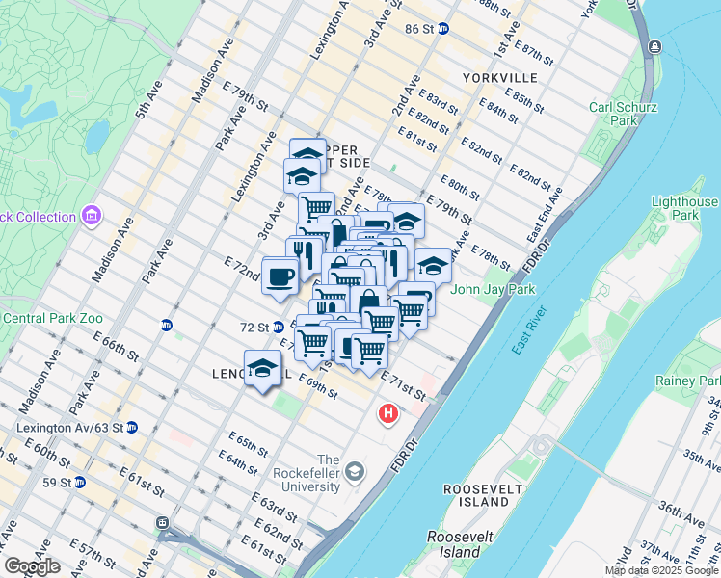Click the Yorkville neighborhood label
498,77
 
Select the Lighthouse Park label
684,208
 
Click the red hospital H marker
388,413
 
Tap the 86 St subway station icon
442,29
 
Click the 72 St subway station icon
278,328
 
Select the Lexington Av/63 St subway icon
132,427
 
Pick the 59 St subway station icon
80,482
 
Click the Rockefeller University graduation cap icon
356,470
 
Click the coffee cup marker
280,277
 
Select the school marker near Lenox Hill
262,368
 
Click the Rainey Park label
686,381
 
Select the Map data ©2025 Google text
661,571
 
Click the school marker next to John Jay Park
433,264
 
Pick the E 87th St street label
533,53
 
